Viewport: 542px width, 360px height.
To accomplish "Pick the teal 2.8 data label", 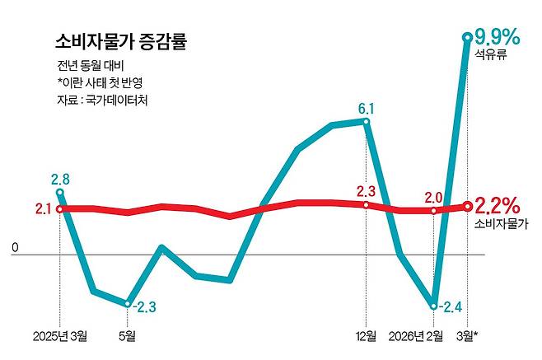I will click(59, 178).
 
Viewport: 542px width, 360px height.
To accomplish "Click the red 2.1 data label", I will click(44, 209).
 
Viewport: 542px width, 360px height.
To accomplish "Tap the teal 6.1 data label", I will click(367, 108).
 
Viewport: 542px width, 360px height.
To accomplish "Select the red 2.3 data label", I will click(366, 191).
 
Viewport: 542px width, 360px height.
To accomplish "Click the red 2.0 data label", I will click(433, 196).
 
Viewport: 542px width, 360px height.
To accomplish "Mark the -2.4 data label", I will click(450, 307).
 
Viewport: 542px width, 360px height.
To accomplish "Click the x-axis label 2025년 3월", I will click(59, 336).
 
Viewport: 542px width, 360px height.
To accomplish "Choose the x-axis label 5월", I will click(128, 336).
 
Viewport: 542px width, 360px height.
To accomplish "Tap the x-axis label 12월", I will click(367, 336).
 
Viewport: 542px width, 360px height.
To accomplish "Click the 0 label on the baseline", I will click(14, 246).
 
